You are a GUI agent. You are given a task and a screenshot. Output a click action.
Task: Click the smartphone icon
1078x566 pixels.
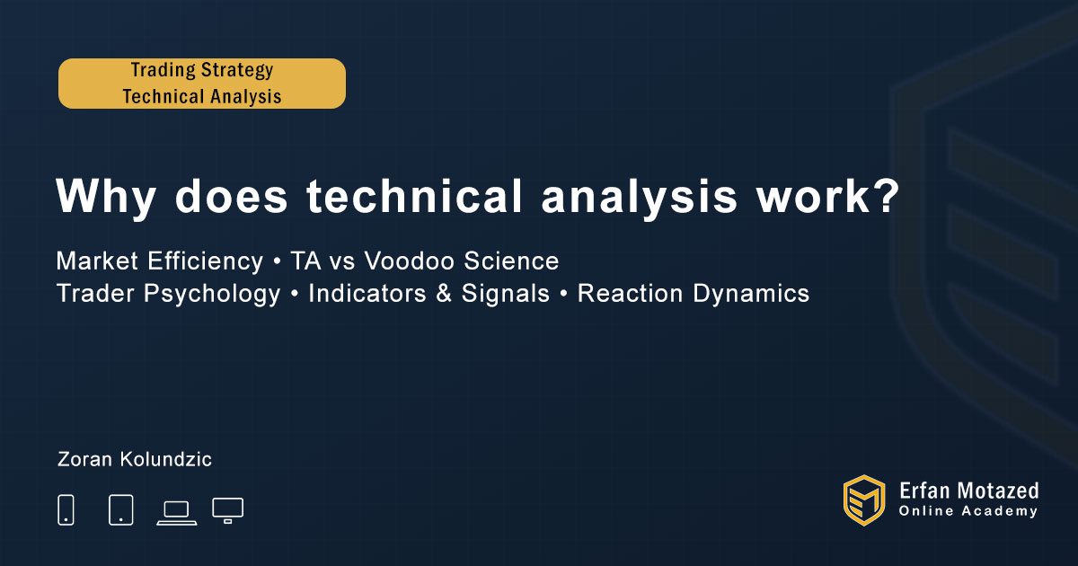click(x=66, y=509)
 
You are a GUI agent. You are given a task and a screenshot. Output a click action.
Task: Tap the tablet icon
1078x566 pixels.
click(x=120, y=509)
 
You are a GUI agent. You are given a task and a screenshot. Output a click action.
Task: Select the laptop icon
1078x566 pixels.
click(x=177, y=513)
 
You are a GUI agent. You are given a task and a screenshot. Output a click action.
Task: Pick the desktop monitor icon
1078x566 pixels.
click(x=227, y=510)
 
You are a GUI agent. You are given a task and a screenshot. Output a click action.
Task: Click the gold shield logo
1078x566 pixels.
click(x=864, y=500)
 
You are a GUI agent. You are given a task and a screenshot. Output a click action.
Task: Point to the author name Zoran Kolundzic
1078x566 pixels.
click(x=134, y=459)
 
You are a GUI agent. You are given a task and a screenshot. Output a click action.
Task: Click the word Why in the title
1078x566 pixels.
click(x=105, y=197)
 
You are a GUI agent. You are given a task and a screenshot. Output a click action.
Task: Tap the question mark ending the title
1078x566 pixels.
click(x=887, y=196)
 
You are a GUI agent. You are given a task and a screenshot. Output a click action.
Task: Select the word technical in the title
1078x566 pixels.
click(x=414, y=196)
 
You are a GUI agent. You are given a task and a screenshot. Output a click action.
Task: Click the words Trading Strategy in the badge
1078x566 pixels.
click(x=202, y=70)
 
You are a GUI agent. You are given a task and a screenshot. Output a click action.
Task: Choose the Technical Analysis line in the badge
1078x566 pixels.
click(x=202, y=96)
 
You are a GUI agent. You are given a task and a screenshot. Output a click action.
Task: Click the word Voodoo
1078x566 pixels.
click(x=409, y=261)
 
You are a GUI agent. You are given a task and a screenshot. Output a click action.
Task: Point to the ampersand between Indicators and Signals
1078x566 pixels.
click(x=444, y=294)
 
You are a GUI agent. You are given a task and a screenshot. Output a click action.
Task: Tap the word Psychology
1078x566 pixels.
click(x=212, y=294)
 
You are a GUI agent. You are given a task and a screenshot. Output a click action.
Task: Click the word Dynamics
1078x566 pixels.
click(x=751, y=294)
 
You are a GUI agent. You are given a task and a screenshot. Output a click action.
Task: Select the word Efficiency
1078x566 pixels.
click(x=206, y=262)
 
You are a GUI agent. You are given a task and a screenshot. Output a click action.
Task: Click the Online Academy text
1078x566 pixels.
click(x=968, y=511)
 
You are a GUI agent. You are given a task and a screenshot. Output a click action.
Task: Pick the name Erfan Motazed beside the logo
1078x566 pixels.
click(x=968, y=491)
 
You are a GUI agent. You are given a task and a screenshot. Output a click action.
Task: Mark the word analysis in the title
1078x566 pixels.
click(x=639, y=198)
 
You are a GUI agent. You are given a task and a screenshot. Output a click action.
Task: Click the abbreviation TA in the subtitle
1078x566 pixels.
click(x=305, y=261)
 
